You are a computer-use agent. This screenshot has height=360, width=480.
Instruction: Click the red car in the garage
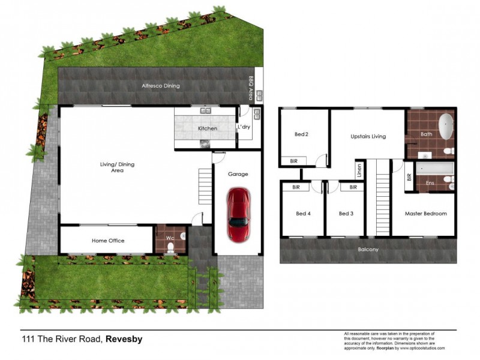pyautogui.click(x=238, y=214)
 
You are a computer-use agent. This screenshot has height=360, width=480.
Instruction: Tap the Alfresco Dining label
pyautogui.click(x=160, y=86)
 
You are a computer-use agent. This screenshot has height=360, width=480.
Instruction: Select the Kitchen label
pyautogui.click(x=208, y=128)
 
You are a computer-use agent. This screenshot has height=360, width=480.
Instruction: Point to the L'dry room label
pyautogui.click(x=244, y=127)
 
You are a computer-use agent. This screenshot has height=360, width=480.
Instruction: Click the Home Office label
pyautogui.click(x=108, y=241)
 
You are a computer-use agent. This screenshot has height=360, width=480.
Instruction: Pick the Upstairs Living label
pyautogui.click(x=368, y=136)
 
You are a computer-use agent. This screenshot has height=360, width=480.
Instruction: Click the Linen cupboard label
pyautogui.click(x=359, y=170)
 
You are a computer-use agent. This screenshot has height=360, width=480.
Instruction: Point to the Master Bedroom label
pyautogui.click(x=426, y=213)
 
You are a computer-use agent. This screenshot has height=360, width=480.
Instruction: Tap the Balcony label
pyautogui.click(x=368, y=250)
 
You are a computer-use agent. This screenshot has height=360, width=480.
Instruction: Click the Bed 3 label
pyautogui.click(x=345, y=213)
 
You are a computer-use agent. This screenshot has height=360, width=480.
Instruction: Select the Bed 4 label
pyautogui.click(x=303, y=213)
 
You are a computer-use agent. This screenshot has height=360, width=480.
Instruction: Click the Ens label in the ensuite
pyautogui.click(x=430, y=182)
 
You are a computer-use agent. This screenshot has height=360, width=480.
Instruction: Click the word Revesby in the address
pyautogui.click(x=124, y=339)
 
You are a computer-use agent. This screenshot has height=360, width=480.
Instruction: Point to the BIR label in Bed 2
pyautogui.click(x=294, y=161)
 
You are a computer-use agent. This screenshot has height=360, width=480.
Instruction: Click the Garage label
pyautogui.click(x=238, y=174)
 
